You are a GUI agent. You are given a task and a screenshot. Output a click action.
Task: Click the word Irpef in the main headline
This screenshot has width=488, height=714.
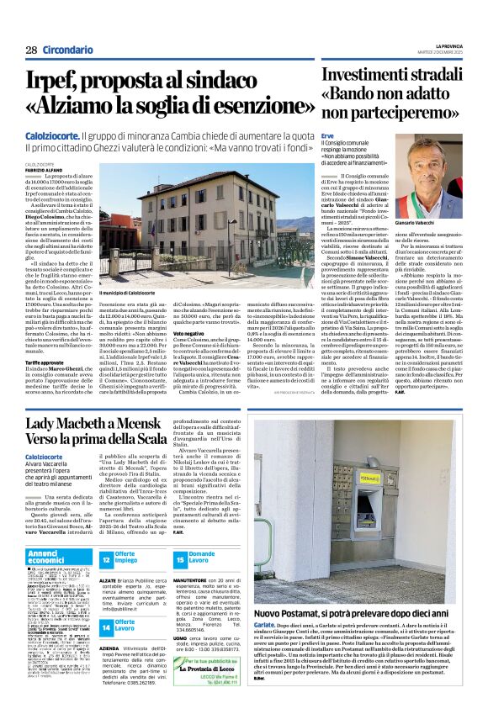click(60, 82)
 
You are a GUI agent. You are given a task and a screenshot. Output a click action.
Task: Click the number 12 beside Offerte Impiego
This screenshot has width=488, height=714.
click(107, 558)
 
